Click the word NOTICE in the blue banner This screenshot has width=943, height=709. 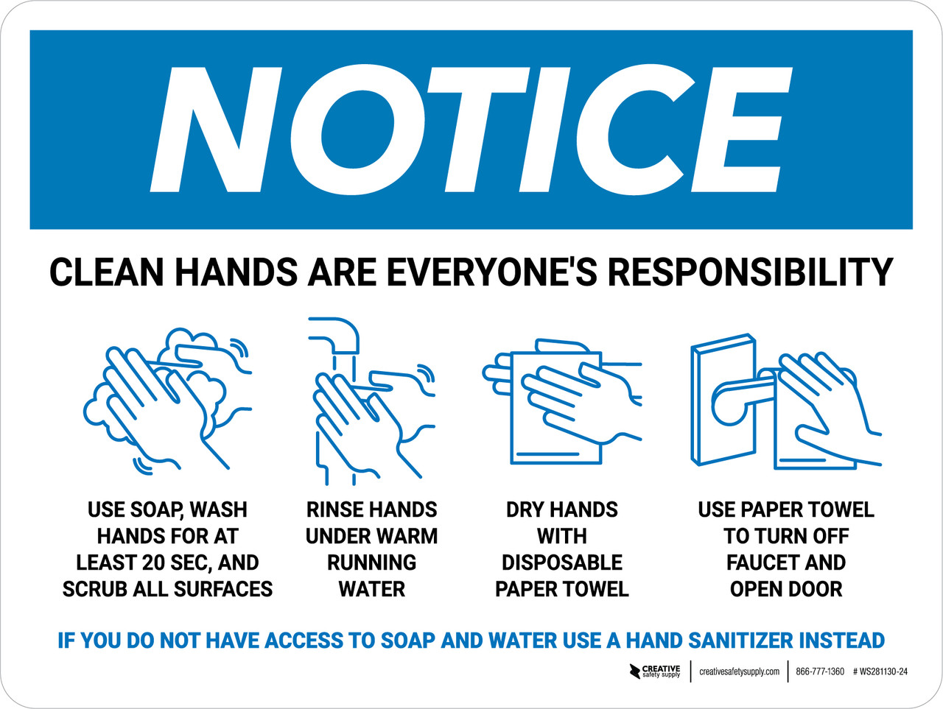click(x=471, y=130)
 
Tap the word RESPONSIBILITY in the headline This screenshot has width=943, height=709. click(x=750, y=272)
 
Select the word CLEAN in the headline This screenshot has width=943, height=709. click(x=106, y=272)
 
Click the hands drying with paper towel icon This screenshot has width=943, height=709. click(x=562, y=401)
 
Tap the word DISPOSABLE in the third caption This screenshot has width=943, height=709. click(x=562, y=562)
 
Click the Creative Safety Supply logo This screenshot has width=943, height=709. click(x=655, y=671)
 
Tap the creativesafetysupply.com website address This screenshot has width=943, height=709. click(x=739, y=671)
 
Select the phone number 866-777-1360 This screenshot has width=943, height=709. click(x=820, y=671)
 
